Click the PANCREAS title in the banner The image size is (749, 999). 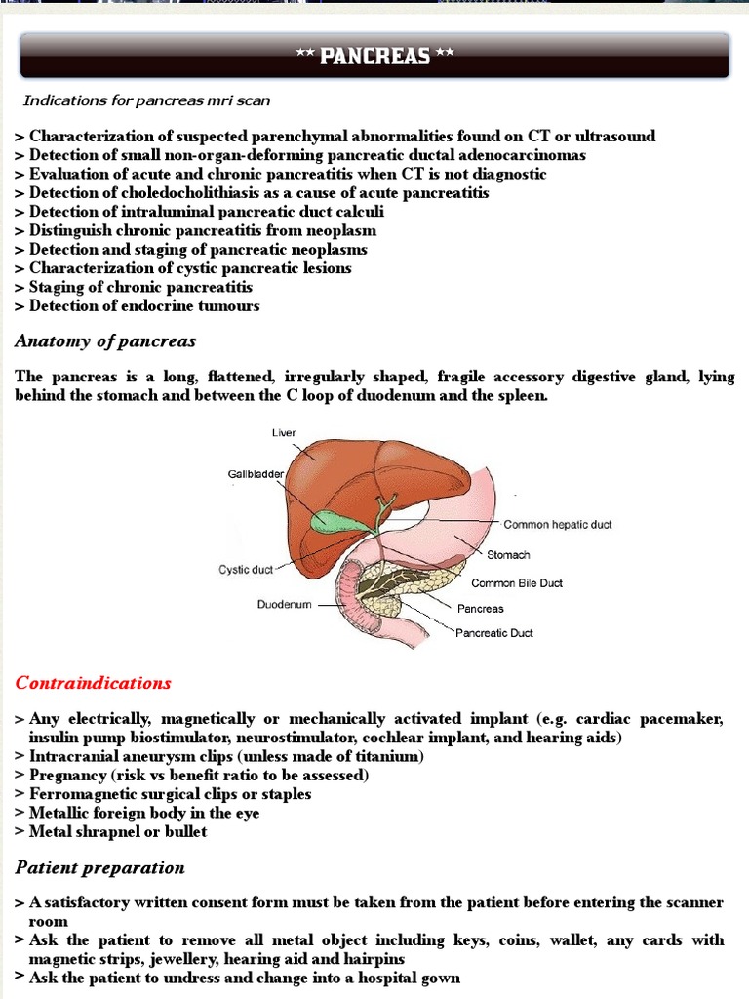(x=374, y=56)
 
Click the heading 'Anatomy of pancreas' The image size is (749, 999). (x=105, y=341)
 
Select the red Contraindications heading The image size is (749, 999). (x=93, y=683)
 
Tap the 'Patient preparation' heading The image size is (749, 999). (x=99, y=867)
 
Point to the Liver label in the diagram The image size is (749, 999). (x=284, y=431)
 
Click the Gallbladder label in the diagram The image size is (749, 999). (x=256, y=474)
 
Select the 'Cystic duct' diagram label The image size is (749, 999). (x=246, y=569)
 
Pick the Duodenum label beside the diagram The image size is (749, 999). (x=284, y=605)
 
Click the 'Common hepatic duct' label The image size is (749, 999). (x=558, y=525)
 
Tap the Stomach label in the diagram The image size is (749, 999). (x=508, y=555)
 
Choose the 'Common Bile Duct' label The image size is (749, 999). (x=517, y=583)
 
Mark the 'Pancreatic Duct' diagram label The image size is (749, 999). (x=495, y=633)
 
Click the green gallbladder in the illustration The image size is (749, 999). (x=336, y=520)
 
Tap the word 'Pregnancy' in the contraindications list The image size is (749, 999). (x=68, y=776)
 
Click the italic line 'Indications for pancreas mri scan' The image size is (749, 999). (x=146, y=100)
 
